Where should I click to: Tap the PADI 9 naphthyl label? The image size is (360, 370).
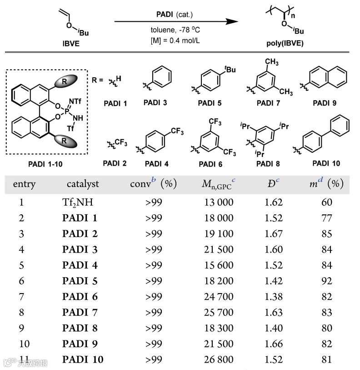(324, 103)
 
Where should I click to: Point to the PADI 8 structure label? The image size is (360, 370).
(269, 163)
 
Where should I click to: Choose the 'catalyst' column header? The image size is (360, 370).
(82, 184)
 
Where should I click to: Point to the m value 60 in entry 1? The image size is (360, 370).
(326, 202)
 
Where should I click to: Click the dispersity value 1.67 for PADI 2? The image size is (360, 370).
(274, 233)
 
